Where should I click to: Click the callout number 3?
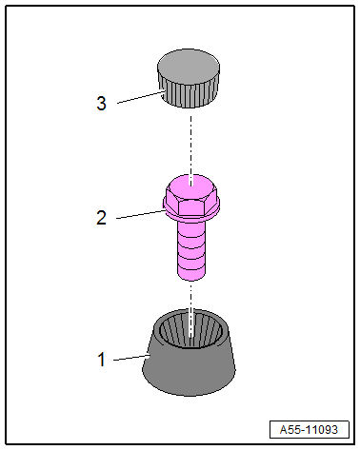101,104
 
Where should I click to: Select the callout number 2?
101,218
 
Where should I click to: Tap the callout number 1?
101,360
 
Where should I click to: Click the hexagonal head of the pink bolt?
191,196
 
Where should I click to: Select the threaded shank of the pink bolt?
191,250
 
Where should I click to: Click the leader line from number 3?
141,97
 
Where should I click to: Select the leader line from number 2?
140,214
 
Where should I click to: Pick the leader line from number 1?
131,358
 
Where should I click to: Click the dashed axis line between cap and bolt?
190,145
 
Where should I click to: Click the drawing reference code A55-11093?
309,430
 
